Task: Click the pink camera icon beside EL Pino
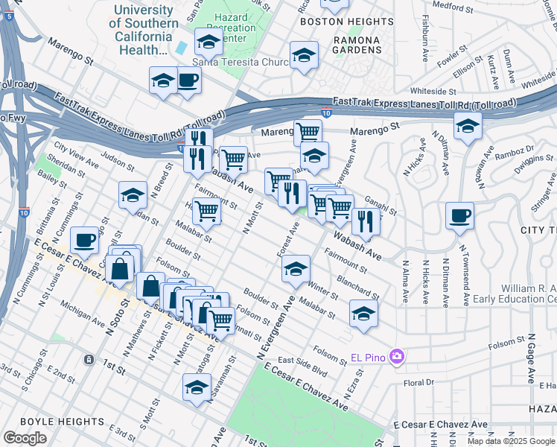click(x=396, y=358)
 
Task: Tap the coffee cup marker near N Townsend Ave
click(x=459, y=216)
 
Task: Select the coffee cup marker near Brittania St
click(x=85, y=240)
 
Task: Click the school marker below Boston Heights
click(x=304, y=55)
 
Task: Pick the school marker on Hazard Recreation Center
click(x=209, y=42)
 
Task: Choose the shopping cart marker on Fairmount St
click(x=206, y=211)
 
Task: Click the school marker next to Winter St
click(x=296, y=269)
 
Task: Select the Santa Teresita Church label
click(x=240, y=63)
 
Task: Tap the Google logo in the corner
click(x=25, y=438)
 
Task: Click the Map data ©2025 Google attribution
click(x=511, y=441)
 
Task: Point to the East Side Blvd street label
click(x=303, y=364)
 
